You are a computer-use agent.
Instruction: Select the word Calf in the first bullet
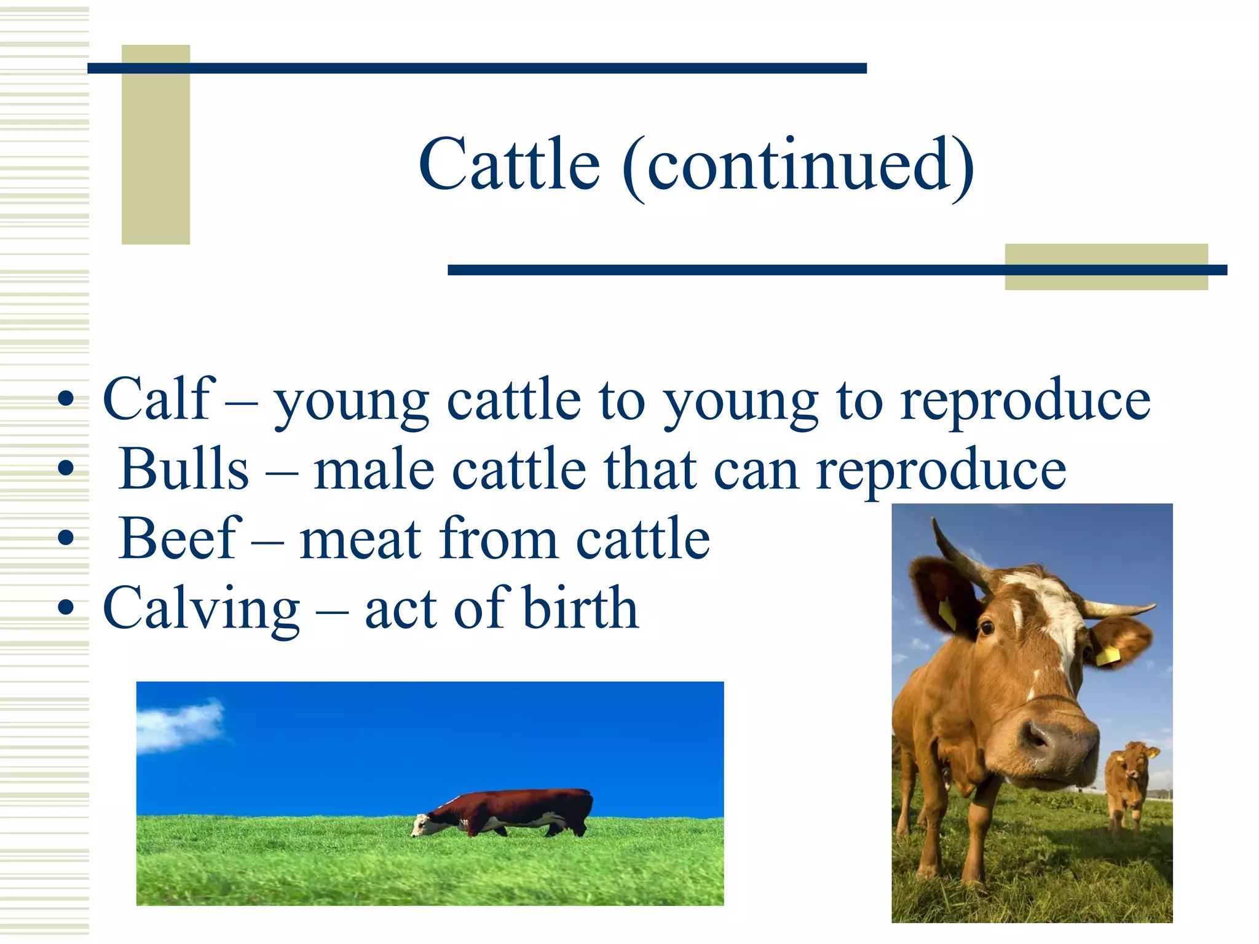(159, 399)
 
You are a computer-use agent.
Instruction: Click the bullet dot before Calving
(65, 608)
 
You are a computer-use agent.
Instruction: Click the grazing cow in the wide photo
(510, 812)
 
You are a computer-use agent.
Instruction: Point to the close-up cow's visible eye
(986, 627)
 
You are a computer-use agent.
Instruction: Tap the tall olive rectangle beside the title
(156, 144)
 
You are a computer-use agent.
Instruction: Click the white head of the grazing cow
(423, 824)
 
